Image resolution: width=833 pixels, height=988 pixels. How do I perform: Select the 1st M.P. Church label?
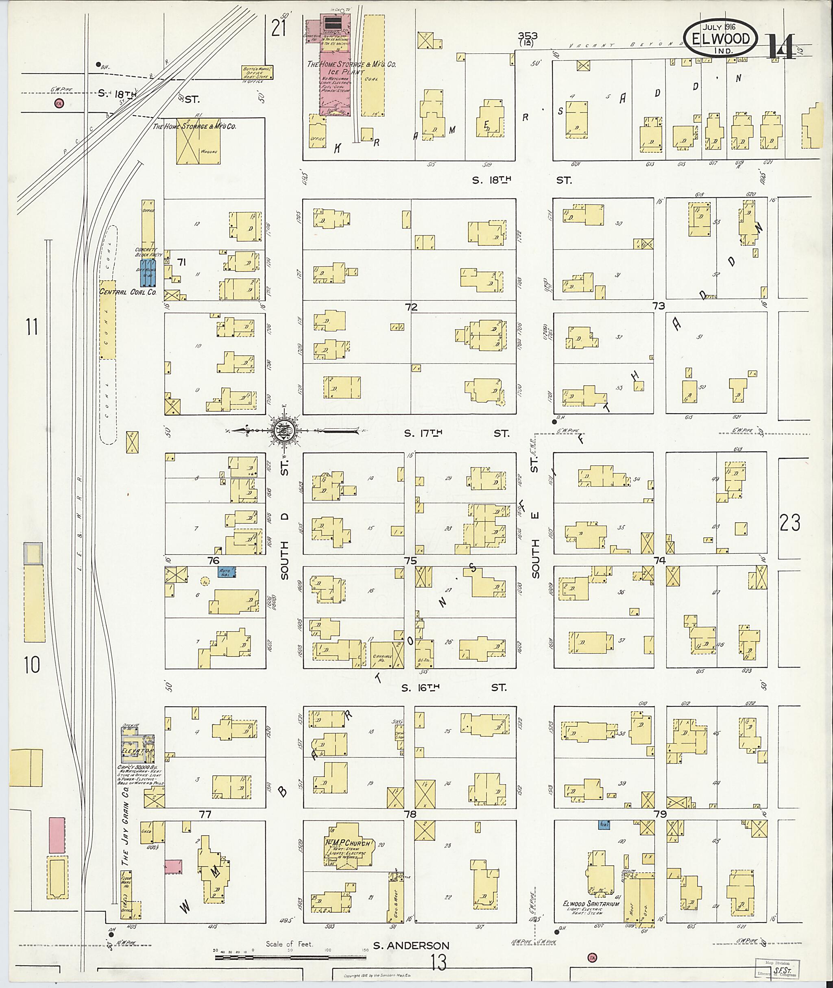coord(350,844)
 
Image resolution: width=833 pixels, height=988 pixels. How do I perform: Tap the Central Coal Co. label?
coord(127,292)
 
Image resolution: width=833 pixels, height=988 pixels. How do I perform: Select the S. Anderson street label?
coord(411,946)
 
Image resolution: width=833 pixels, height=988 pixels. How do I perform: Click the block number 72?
coord(411,307)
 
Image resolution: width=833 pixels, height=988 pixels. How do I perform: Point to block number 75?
coord(410,561)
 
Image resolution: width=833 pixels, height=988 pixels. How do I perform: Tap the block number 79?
coord(660,814)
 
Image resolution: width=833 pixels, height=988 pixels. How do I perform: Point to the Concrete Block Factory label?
coord(148,252)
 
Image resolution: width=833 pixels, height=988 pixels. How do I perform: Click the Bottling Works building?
coord(257,71)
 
